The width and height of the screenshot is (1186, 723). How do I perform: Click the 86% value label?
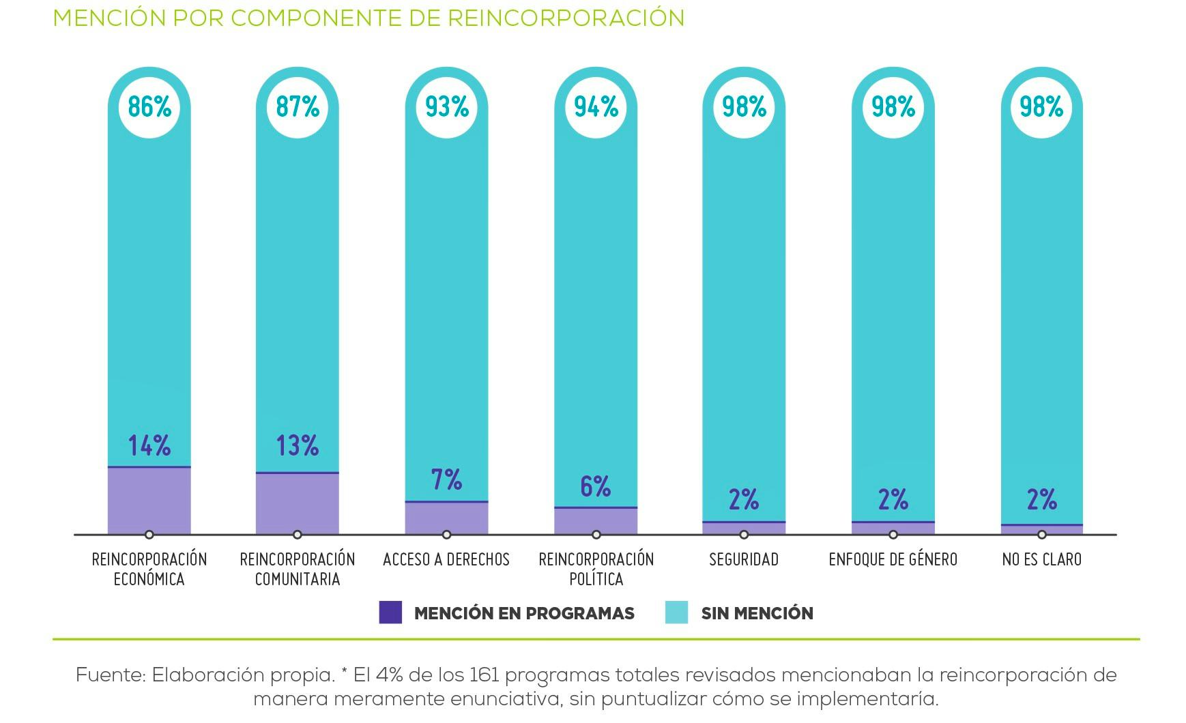pos(149,107)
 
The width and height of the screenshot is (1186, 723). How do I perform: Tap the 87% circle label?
pos(298,107)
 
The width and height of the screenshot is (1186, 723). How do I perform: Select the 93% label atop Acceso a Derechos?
pos(447,107)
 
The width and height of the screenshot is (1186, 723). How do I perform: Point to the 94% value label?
pos(596,107)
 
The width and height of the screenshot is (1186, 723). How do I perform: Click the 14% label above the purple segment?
pos(149,446)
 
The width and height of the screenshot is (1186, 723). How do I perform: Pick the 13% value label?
pos(298,446)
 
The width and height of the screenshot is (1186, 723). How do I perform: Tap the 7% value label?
pos(447,479)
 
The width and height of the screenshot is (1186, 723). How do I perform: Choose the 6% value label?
pos(596,486)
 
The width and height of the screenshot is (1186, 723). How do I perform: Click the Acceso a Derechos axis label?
pos(446,560)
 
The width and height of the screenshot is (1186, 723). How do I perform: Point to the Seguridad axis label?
pos(744,560)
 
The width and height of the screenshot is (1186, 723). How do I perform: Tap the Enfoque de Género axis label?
pos(893,560)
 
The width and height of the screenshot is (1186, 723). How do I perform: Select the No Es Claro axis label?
pos(1042,560)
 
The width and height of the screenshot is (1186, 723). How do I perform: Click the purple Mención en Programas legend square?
pos(390,613)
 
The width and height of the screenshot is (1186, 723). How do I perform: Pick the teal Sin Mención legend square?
pos(676,613)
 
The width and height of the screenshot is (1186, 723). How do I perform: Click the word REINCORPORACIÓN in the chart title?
pos(566,18)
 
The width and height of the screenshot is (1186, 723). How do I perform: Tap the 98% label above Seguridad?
pos(744,107)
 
